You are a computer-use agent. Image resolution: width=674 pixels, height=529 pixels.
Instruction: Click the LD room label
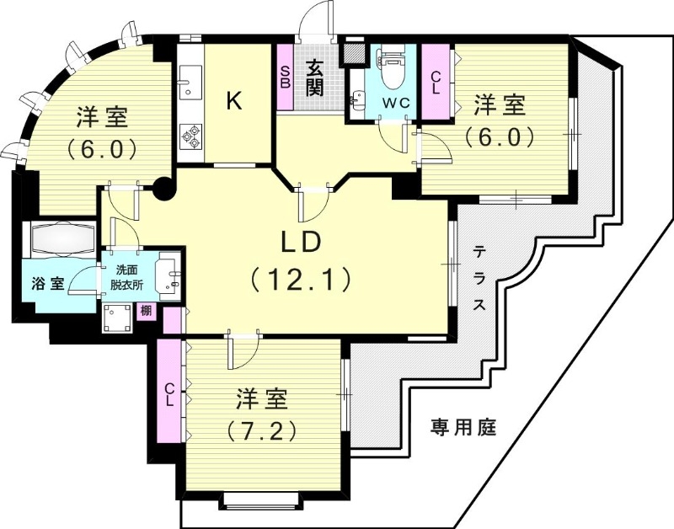(300, 242)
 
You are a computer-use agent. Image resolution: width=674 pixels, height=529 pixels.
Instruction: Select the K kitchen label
(234, 101)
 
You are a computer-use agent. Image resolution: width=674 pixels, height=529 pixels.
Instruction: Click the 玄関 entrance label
(314, 76)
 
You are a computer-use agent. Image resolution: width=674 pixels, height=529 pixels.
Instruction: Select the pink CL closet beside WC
(435, 82)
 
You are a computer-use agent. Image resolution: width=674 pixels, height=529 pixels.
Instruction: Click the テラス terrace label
(479, 278)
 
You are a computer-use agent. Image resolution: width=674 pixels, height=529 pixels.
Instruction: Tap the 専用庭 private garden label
(463, 426)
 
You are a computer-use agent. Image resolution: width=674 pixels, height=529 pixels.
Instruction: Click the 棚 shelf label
(146, 310)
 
